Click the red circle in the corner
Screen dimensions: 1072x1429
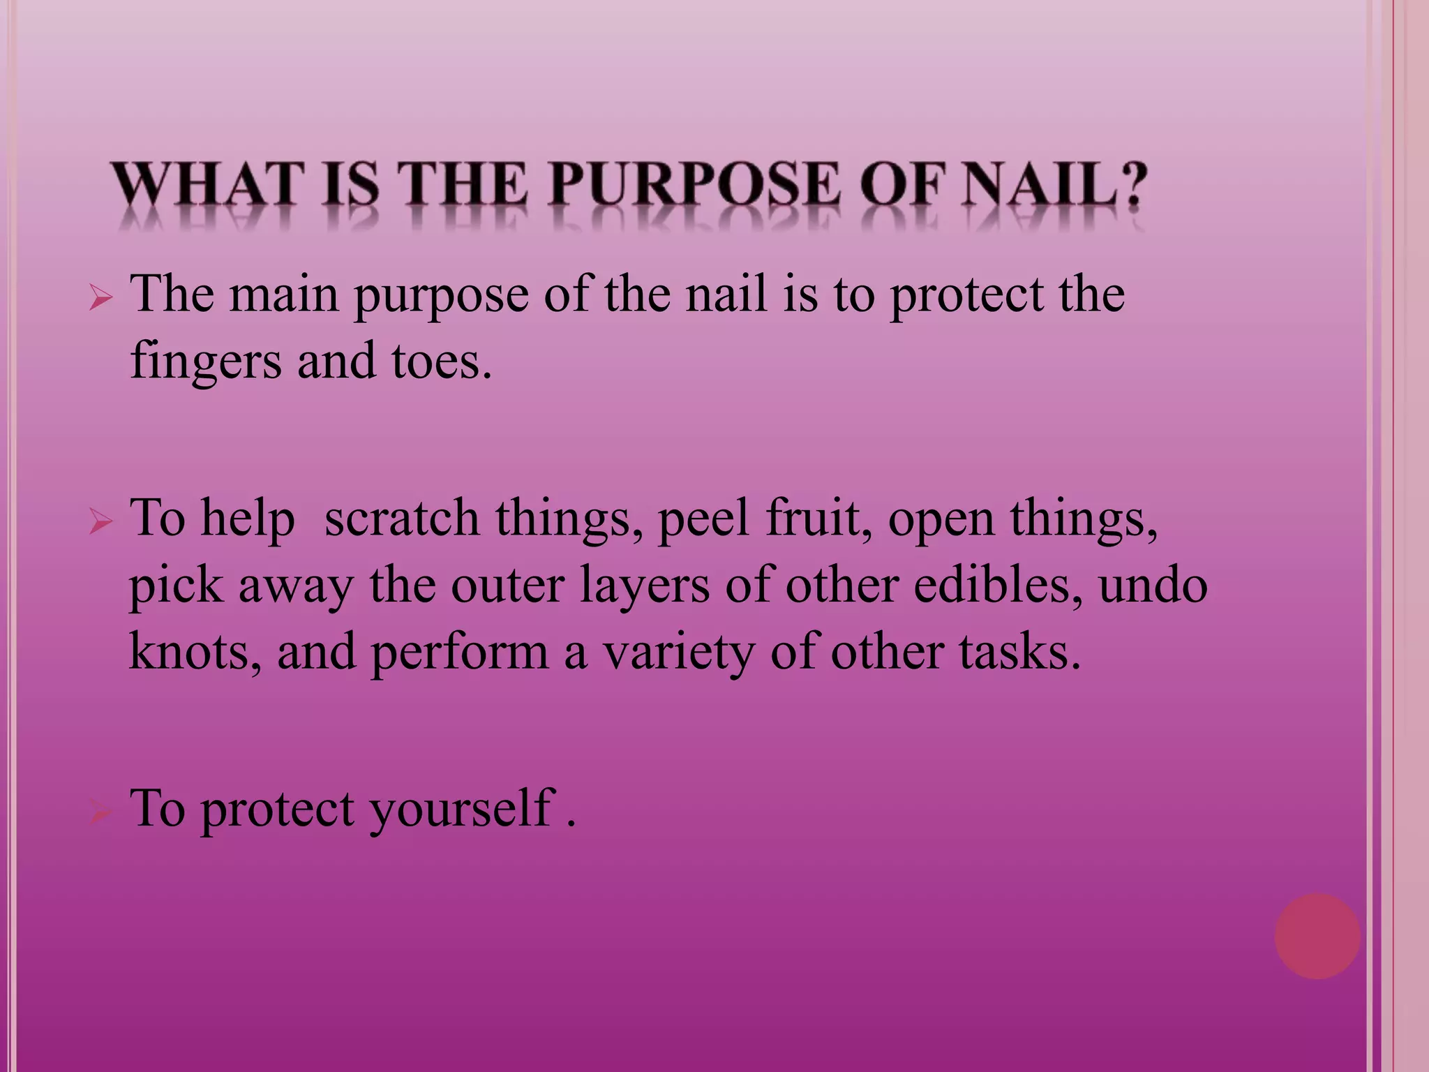tap(1317, 936)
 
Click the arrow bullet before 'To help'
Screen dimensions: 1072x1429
tap(101, 522)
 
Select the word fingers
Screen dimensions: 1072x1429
tap(205, 362)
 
